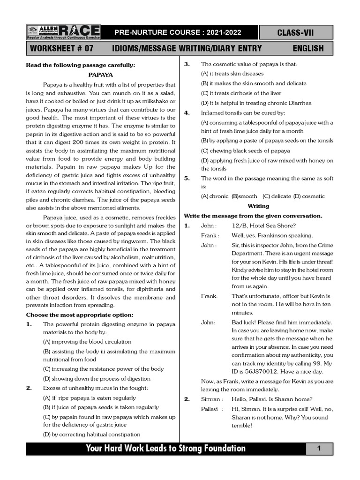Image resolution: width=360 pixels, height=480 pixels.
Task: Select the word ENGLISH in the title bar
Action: tap(308, 48)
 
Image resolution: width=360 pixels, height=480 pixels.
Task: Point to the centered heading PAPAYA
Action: tap(101, 75)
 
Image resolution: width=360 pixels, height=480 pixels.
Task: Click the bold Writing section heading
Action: tap(258, 206)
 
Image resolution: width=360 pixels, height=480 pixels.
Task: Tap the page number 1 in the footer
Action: tap(319, 449)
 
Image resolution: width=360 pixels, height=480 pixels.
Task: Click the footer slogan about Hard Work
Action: tap(165, 449)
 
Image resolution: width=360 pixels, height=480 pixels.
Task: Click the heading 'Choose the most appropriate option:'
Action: tap(80, 315)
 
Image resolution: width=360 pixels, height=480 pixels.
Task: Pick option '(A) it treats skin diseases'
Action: tap(232, 74)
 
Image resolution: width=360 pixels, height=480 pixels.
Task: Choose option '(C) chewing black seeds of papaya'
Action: tap(245, 150)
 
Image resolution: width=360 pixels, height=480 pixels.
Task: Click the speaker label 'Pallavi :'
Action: tap(211, 409)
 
